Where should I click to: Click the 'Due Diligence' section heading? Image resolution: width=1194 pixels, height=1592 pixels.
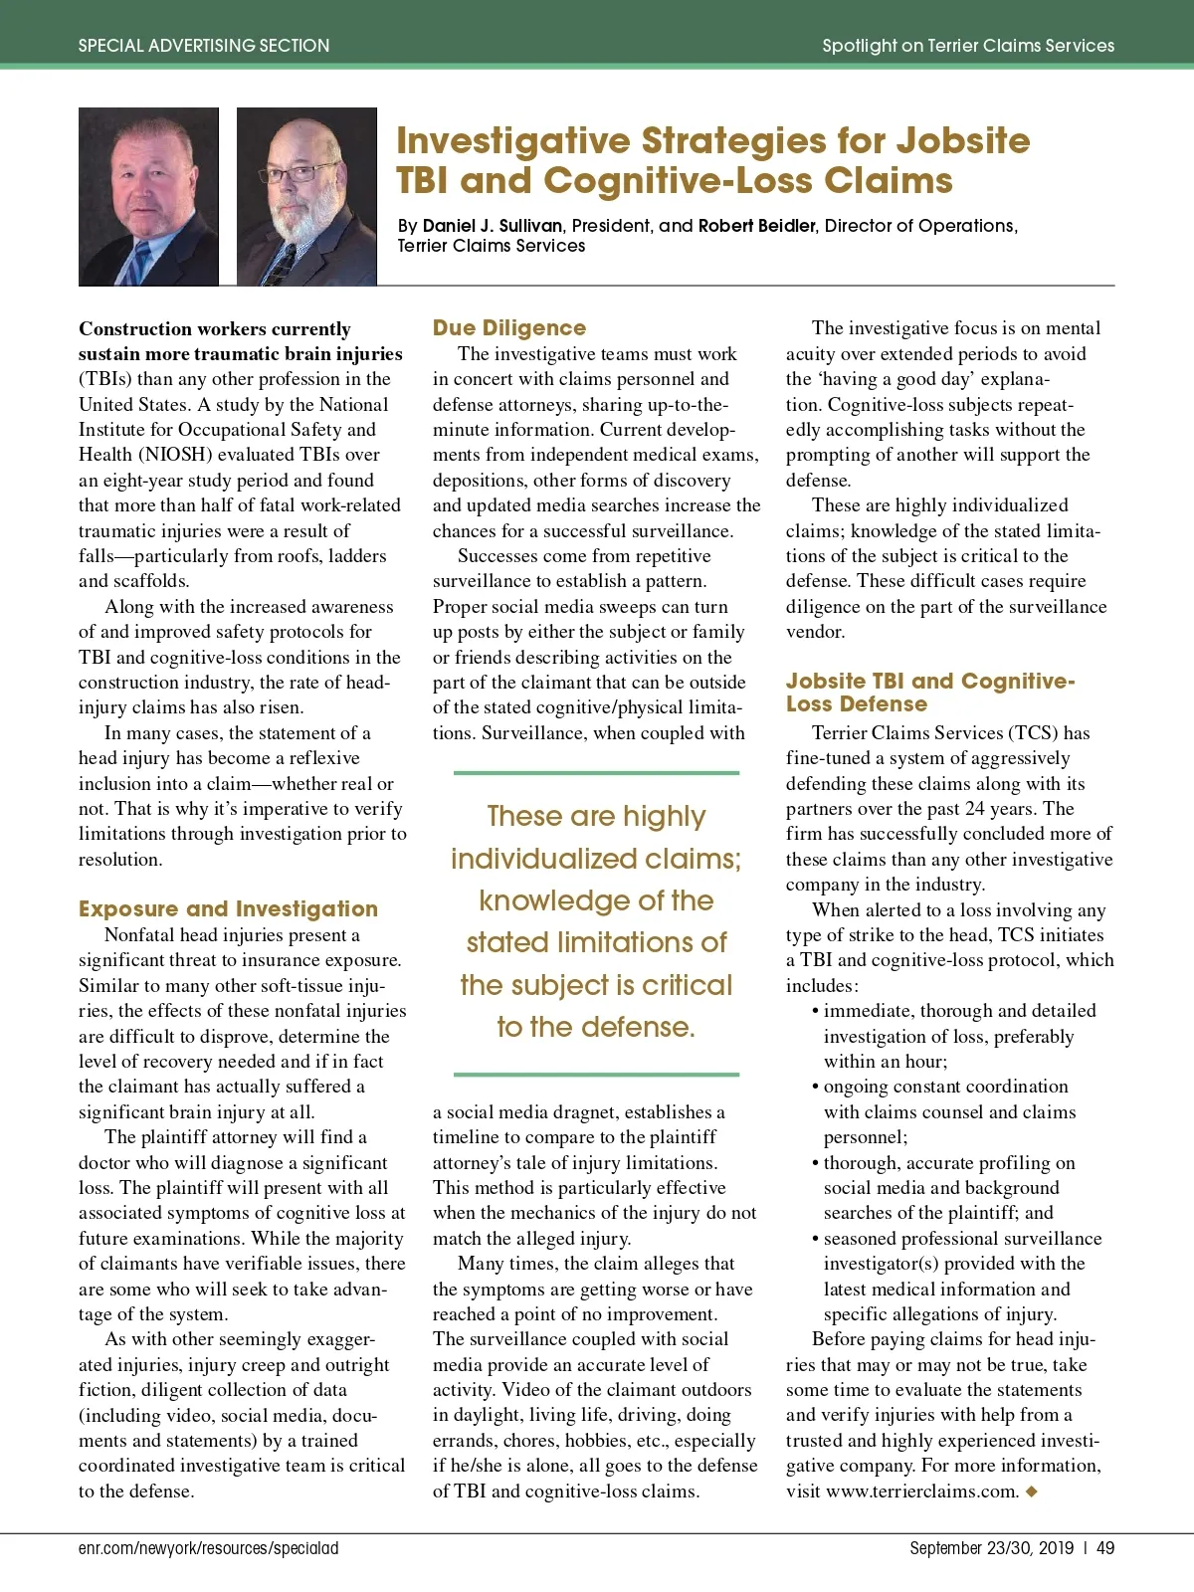click(x=508, y=327)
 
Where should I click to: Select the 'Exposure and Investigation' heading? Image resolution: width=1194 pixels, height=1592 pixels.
click(x=228, y=908)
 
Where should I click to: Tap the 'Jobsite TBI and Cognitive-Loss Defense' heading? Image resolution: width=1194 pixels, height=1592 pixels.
click(x=929, y=693)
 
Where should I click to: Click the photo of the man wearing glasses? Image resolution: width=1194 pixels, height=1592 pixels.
click(x=306, y=197)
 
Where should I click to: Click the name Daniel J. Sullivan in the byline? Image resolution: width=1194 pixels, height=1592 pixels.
click(x=493, y=226)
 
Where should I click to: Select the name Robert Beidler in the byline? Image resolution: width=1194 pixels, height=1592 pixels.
click(x=756, y=226)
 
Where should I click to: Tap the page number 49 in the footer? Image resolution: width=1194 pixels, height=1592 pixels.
click(x=1104, y=1548)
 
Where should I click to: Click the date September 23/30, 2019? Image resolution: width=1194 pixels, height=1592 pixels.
click(x=991, y=1548)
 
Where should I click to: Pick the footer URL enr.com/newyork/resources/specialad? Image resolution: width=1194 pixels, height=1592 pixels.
click(x=209, y=1548)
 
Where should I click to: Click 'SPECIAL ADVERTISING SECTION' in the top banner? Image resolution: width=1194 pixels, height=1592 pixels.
click(x=204, y=46)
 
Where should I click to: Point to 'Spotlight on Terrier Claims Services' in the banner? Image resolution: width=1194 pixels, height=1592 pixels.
click(x=967, y=46)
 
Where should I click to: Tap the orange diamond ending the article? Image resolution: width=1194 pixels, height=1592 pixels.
click(x=1031, y=1491)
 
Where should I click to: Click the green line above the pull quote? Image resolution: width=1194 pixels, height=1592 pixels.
click(x=596, y=772)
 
